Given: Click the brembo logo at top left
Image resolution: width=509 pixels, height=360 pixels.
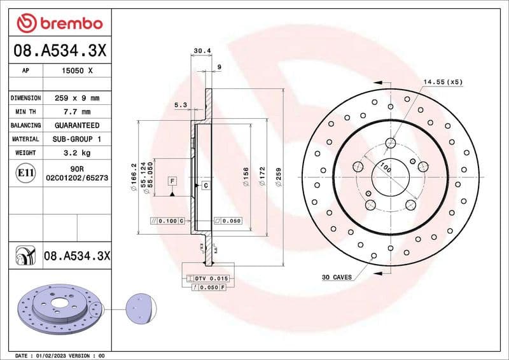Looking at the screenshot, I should (59, 23).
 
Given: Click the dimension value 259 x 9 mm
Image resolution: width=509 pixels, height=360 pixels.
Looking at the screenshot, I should (76, 99).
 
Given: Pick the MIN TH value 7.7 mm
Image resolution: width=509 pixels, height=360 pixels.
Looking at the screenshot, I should (76, 112).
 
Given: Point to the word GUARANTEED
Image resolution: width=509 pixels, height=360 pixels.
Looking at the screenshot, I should (76, 125).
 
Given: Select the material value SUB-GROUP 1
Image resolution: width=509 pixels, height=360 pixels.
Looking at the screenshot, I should (76, 139).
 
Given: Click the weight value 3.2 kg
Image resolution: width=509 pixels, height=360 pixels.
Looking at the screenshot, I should (76, 153).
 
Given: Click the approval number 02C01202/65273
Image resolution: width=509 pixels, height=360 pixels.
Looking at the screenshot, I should (76, 180).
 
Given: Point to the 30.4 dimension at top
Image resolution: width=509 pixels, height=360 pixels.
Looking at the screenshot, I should (201, 50).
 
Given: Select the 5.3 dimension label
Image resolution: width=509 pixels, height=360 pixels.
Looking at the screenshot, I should (180, 105).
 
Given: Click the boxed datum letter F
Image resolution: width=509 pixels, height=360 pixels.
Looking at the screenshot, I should (172, 182).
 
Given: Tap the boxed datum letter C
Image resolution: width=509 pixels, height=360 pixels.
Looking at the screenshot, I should (206, 186).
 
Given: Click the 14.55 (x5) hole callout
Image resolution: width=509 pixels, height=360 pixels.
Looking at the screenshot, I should (443, 82).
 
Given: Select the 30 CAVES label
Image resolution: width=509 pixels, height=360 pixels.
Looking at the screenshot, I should (337, 278).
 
